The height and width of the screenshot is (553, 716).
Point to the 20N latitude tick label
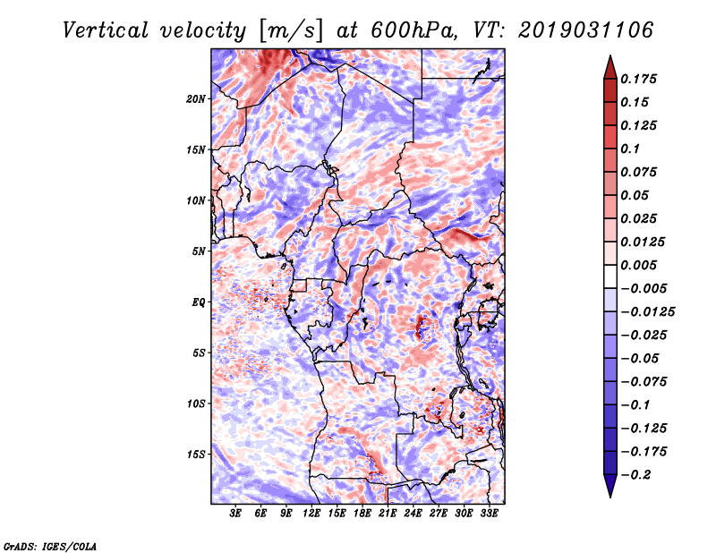[x=196, y=98]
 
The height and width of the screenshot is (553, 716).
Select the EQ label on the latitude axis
[x=199, y=302]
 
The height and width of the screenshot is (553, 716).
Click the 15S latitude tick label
[x=196, y=455]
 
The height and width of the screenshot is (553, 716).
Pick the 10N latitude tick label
[x=196, y=200]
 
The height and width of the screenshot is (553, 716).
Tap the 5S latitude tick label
[x=199, y=353]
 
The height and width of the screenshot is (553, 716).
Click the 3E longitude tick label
[x=236, y=515]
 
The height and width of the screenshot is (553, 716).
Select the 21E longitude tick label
[x=388, y=515]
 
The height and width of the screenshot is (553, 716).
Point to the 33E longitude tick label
[x=490, y=515]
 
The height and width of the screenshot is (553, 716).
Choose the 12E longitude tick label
[x=312, y=515]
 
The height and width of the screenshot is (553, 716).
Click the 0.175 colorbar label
[x=640, y=79]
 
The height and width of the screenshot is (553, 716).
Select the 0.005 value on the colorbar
[x=640, y=265]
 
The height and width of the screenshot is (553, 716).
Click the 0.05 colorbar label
[x=635, y=195]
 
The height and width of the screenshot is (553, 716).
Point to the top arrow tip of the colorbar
[x=609, y=57]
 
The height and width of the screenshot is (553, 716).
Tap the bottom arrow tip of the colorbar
[x=609, y=495]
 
